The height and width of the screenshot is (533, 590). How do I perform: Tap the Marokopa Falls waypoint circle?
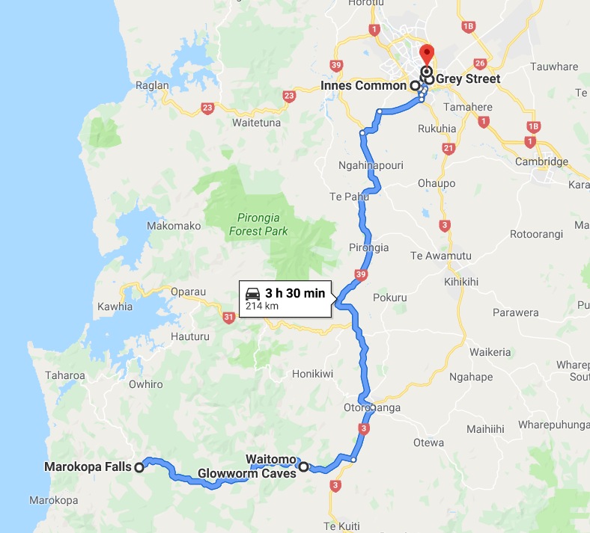[139, 467]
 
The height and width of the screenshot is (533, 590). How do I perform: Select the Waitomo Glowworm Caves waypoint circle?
[303, 467]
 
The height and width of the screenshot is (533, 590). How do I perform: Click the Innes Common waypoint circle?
[415, 86]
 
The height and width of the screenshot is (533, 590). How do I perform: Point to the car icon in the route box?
[253, 293]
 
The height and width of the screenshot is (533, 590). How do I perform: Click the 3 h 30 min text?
[295, 293]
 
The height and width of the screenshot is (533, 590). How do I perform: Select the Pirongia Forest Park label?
[258, 224]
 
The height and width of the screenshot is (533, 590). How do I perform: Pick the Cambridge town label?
[541, 162]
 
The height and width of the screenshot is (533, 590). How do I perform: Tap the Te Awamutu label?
[441, 256]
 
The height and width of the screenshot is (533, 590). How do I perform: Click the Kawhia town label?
[115, 306]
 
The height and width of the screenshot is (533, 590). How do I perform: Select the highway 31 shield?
[228, 318]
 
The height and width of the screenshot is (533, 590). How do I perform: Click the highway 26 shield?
[481, 64]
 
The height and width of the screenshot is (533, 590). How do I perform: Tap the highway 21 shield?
[448, 149]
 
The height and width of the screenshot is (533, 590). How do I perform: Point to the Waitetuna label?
[256, 123]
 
